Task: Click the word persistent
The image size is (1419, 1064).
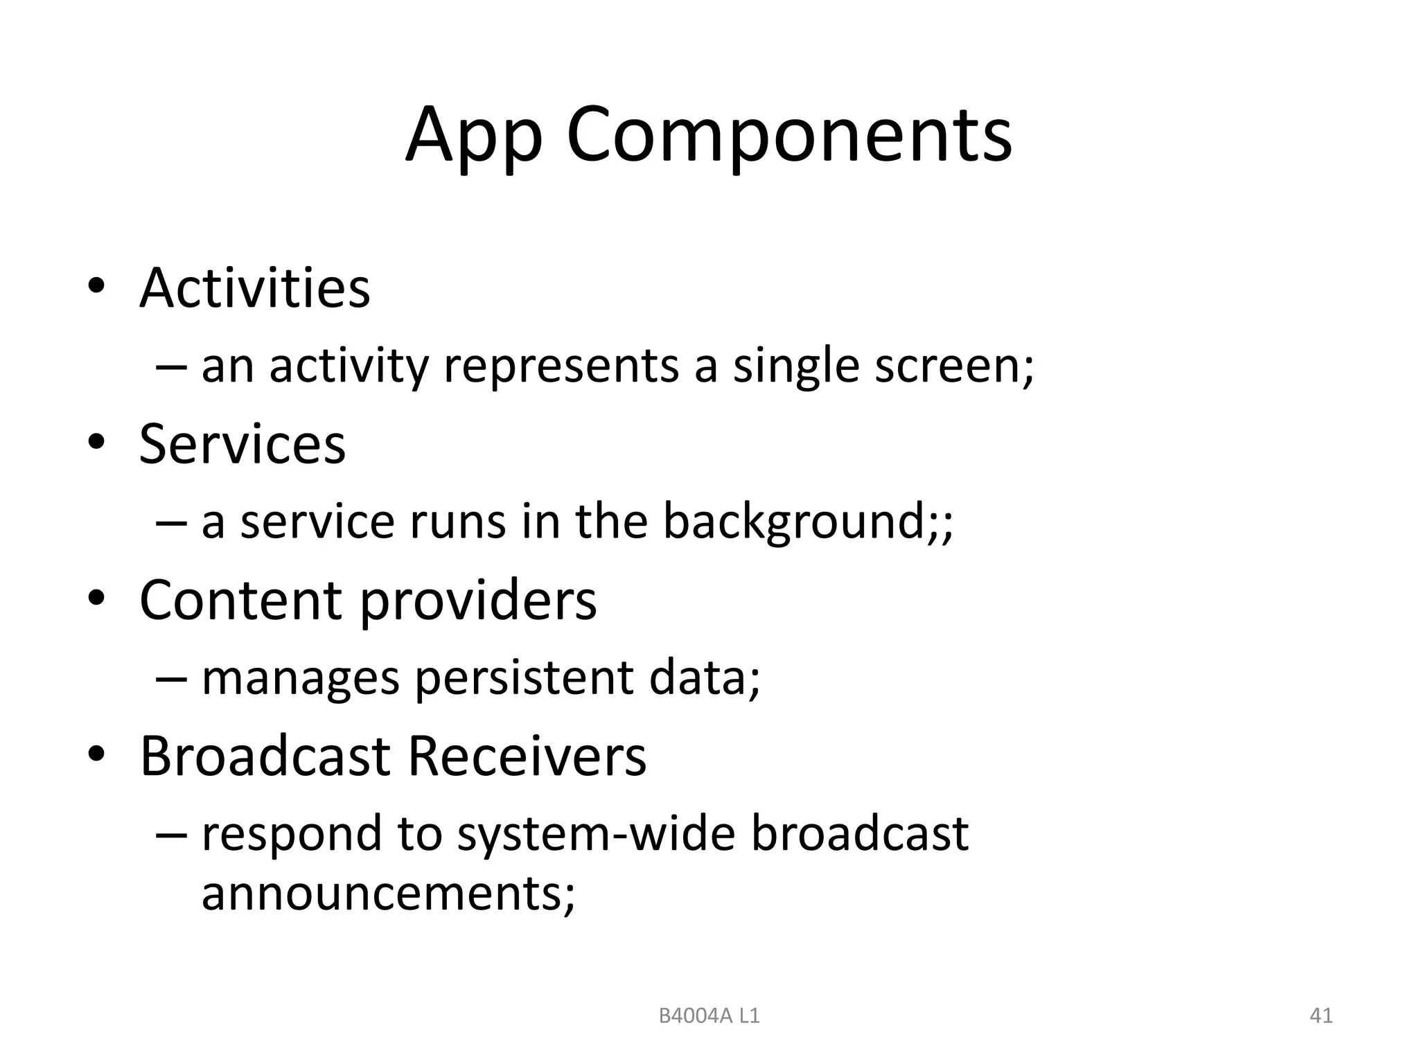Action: click(524, 679)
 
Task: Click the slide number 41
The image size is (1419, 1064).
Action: click(1321, 1016)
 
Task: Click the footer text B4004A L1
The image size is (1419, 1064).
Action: click(709, 1016)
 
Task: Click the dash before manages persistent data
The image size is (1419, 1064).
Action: click(171, 679)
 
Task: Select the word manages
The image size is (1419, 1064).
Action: click(301, 679)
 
